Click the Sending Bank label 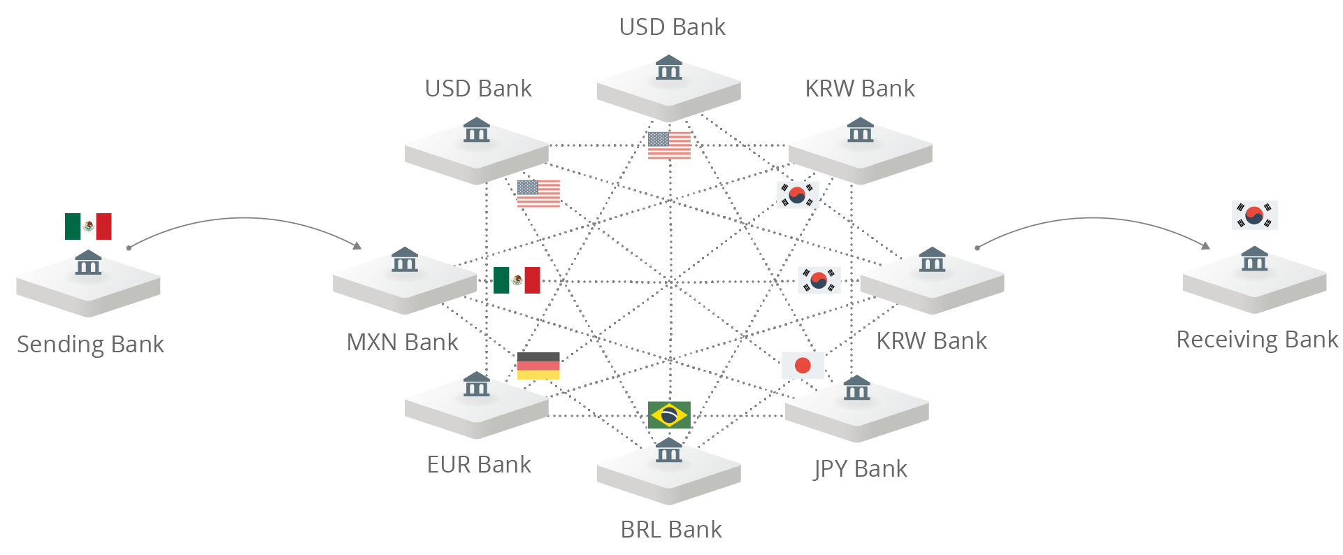tap(90, 344)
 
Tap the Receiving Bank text tap(1256, 340)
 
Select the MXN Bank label tap(402, 342)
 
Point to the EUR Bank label tap(479, 464)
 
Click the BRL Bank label tap(671, 529)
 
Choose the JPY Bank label tap(861, 468)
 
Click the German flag tap(538, 366)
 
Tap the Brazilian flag tap(669, 415)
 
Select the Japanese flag tap(803, 365)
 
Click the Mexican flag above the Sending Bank tap(88, 226)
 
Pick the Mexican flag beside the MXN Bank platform tap(517, 280)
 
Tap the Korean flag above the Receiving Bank tap(1255, 215)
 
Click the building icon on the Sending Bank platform tap(88, 262)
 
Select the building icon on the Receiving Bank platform tap(1254, 259)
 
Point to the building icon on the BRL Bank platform tap(668, 450)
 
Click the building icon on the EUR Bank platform tap(476, 384)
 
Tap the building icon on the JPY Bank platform tap(856, 388)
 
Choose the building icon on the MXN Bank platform tap(405, 259)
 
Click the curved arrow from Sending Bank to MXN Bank tap(245, 219)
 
